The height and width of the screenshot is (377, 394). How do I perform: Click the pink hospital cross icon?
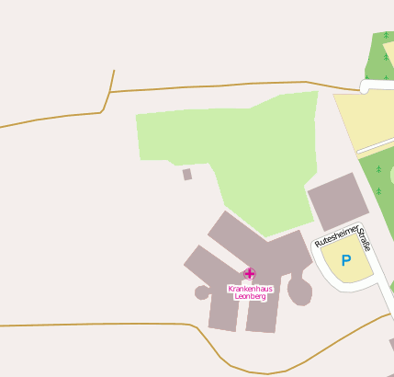(250, 273)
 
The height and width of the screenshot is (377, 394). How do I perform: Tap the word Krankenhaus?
(250, 289)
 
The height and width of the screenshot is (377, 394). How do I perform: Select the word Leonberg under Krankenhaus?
(250, 296)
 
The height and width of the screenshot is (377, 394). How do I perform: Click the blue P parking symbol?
(346, 261)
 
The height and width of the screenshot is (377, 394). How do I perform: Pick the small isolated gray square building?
(187, 174)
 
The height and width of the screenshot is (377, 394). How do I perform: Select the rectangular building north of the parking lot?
(336, 200)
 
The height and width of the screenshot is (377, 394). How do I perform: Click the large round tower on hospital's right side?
(299, 291)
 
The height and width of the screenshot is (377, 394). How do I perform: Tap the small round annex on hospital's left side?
(202, 292)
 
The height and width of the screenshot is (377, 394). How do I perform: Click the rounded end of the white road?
(365, 86)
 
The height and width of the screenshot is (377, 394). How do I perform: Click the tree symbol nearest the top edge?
(386, 36)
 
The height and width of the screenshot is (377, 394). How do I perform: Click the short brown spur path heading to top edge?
(112, 80)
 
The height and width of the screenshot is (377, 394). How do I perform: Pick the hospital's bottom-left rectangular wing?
(223, 308)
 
